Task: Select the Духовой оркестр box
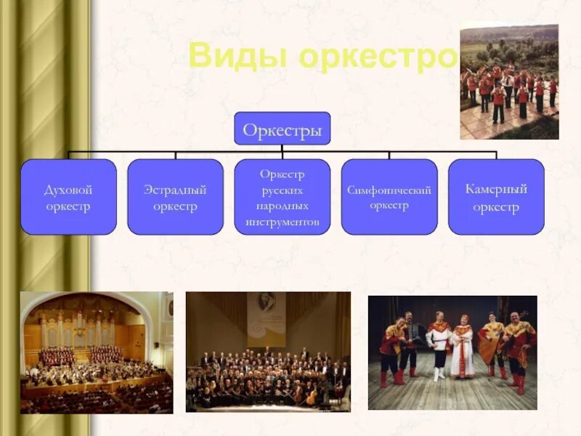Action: point(68,197)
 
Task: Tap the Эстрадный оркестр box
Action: point(175,197)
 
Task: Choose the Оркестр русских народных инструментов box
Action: point(282,197)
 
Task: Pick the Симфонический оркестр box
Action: point(389,197)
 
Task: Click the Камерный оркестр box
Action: point(496,197)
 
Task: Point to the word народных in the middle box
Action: point(282,206)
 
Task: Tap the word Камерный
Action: point(496,189)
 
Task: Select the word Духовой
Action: point(68,190)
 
